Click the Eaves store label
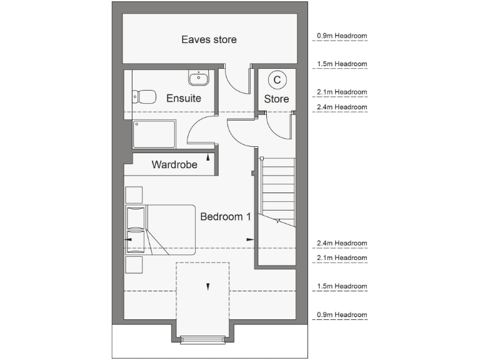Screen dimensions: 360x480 pyautogui.click(x=209, y=39)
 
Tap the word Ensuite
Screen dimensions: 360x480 pyautogui.click(x=184, y=98)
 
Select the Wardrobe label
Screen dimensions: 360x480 pyautogui.click(x=174, y=165)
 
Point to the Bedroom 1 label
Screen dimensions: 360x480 pyautogui.click(x=225, y=217)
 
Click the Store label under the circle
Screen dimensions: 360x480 pyautogui.click(x=276, y=99)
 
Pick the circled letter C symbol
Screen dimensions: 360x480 pyautogui.click(x=276, y=80)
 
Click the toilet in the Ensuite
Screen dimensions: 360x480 pyautogui.click(x=144, y=97)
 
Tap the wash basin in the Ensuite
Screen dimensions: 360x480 pyautogui.click(x=199, y=78)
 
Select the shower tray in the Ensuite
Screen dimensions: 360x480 pyautogui.click(x=154, y=134)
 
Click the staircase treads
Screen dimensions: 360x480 pyautogui.click(x=278, y=187)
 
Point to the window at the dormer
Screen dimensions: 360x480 pyautogui.click(x=202, y=340)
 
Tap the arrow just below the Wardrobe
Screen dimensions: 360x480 pyautogui.click(x=208, y=160)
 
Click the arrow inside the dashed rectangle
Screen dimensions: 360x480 pyautogui.click(x=207, y=286)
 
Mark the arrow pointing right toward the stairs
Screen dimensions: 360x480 pyautogui.click(x=249, y=239)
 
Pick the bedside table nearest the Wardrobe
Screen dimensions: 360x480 pyautogui.click(x=134, y=194)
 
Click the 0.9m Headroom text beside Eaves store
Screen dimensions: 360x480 pyautogui.click(x=341, y=36)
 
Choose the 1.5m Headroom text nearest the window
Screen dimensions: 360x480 pyautogui.click(x=341, y=286)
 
